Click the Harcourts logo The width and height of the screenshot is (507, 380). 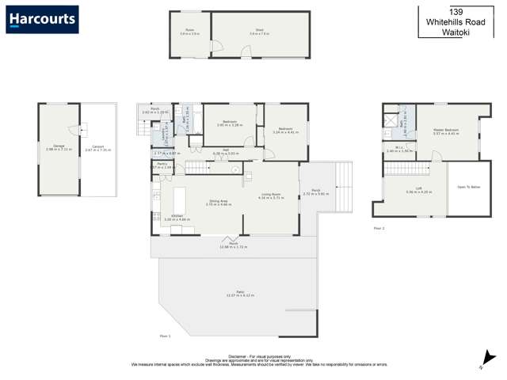point(42,19)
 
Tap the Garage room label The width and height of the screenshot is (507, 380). point(59,146)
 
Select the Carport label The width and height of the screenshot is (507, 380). point(98,146)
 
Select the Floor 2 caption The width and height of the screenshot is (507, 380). point(379,228)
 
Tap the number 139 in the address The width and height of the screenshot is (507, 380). point(456,12)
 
